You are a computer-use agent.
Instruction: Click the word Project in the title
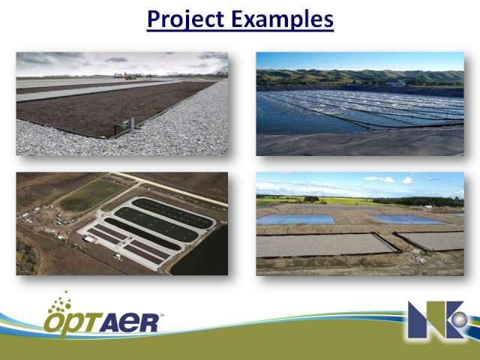point(185,19)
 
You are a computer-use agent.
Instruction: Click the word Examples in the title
point(282,19)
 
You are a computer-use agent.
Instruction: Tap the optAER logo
point(103,315)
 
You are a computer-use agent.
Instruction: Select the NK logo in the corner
point(438,320)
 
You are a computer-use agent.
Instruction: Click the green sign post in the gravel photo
point(125,125)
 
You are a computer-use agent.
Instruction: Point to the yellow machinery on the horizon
point(125,76)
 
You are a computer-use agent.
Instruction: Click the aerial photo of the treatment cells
point(121,223)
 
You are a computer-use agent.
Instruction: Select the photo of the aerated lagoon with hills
point(360,103)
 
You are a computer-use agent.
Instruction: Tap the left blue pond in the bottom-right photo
point(295,219)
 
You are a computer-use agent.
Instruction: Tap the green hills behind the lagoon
point(360,77)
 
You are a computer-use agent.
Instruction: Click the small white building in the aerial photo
point(89,239)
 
